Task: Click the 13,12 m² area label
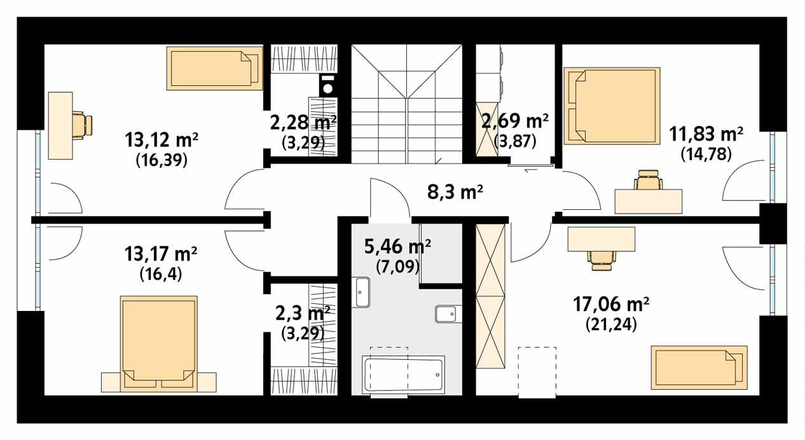[162, 140]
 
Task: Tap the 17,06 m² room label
[611, 305]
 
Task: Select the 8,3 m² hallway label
[455, 192]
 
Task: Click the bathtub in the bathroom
[404, 375]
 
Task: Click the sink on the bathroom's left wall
[362, 292]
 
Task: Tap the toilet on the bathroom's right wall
[448, 314]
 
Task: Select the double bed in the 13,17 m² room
[159, 343]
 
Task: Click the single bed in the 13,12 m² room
[214, 68]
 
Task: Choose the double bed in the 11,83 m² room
[612, 106]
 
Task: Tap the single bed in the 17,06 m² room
[699, 368]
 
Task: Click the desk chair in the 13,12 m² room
[83, 125]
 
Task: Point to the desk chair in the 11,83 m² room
[649, 181]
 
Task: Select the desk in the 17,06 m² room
[602, 238]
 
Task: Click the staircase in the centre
[406, 104]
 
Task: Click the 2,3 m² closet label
[303, 313]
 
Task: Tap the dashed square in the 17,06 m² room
[537, 372]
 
